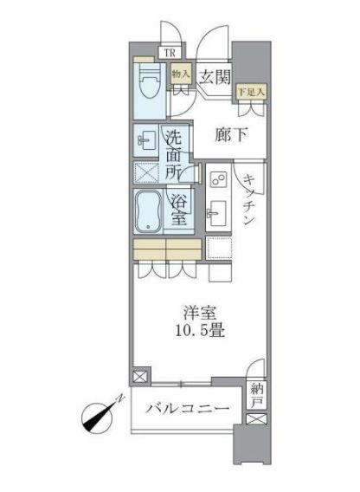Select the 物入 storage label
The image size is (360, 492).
(x=181, y=75)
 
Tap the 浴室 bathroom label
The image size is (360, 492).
(x=179, y=210)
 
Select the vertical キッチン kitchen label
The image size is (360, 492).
(x=248, y=199)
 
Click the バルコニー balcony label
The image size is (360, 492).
(x=187, y=408)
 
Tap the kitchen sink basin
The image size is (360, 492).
(x=218, y=210)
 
